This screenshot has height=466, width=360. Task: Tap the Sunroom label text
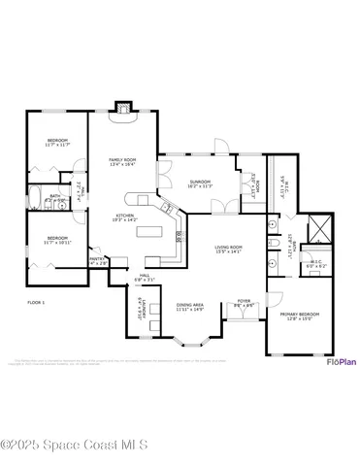[x=201, y=183]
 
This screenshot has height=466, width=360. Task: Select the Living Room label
[x=229, y=250]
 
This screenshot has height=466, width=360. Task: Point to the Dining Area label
[x=190, y=307]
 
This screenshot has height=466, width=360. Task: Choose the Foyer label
[x=244, y=302]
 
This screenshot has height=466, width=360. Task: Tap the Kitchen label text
[x=126, y=217]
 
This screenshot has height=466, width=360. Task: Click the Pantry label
[x=97, y=260]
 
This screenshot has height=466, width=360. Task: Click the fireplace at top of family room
[x=122, y=108]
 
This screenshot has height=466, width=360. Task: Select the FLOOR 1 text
[x=37, y=303]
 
